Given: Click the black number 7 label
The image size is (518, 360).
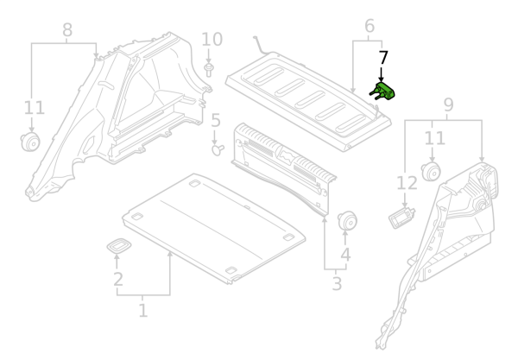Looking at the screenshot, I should coord(383,58).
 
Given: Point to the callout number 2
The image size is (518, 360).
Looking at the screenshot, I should coord(118,279).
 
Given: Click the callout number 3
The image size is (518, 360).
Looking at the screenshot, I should coord(337,283).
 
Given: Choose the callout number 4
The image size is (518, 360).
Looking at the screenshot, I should coord(345,255).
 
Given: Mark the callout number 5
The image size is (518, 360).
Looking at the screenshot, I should coord(216,122).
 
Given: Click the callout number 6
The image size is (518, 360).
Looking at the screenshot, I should coord(370,26).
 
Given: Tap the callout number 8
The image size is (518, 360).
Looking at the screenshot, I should coord(67,31).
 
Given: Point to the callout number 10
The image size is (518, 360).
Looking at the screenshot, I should coord(212,40).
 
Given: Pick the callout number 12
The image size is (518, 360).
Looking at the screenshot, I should coord(406,182).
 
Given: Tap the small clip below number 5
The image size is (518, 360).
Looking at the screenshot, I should coord(217,148).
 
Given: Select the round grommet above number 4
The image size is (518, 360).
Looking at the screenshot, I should coord(349,220).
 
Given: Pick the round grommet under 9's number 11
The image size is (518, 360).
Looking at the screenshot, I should coord(432,171).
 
